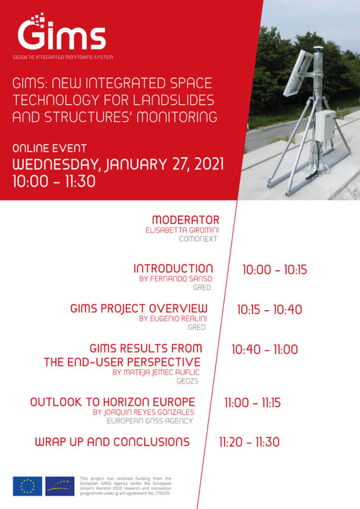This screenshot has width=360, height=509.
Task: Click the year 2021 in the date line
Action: tap(209, 164)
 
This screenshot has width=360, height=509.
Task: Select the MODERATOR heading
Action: tap(185, 220)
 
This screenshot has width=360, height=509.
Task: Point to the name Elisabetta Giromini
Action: tap(182, 230)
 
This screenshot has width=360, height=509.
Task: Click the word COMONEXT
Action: tap(198, 239)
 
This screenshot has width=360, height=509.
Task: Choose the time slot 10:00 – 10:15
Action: tap(274, 270)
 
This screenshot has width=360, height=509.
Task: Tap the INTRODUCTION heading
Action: tap(173, 268)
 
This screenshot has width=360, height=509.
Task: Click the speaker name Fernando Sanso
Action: tap(176, 279)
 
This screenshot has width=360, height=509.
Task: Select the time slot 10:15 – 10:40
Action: tap(270, 310)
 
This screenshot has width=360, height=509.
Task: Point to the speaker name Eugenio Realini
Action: tap(173, 319)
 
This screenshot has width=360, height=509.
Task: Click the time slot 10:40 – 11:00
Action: tap(265, 349)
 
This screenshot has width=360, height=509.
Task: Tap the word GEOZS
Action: tap(187, 381)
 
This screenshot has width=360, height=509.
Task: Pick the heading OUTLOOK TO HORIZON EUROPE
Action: tap(113, 402)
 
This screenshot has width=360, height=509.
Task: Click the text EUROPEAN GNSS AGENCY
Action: tap(150, 421)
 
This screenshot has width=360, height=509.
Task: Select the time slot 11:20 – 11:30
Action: tap(249, 442)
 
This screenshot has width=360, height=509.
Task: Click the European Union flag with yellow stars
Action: tap(27, 486)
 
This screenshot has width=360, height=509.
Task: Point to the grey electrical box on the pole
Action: tap(325, 125)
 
